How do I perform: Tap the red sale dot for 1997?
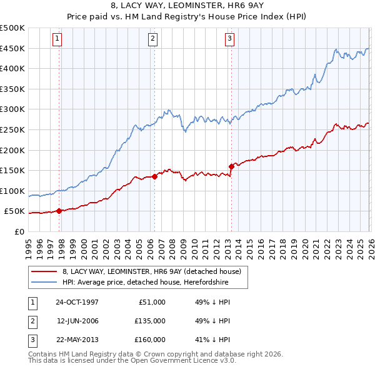click(x=59, y=211)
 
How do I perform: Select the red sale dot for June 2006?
click(x=154, y=176)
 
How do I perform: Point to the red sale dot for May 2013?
click(x=231, y=166)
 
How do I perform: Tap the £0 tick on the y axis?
click(x=19, y=231)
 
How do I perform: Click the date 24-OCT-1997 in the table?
click(x=77, y=302)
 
